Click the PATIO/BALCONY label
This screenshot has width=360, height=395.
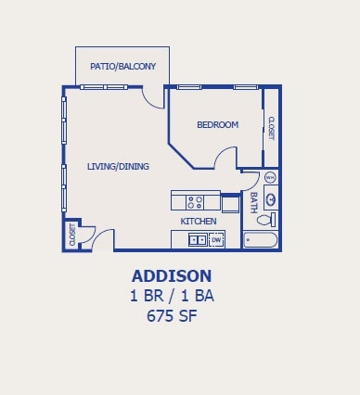(x=122, y=66)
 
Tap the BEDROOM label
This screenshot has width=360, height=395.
(x=218, y=124)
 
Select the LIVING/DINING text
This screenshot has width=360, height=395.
(x=118, y=166)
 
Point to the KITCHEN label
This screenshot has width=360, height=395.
(x=199, y=222)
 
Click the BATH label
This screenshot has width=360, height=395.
(x=253, y=203)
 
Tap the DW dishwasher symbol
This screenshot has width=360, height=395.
(x=216, y=240)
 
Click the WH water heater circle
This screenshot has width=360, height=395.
(x=270, y=177)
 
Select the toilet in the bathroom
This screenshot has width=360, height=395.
(x=266, y=220)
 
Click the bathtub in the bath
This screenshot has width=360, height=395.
(x=261, y=240)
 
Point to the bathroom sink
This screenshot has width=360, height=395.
(x=271, y=197)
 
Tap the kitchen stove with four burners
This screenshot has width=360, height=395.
(x=195, y=202)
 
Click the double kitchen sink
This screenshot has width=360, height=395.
(x=198, y=239)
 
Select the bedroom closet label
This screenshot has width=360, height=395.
(x=271, y=128)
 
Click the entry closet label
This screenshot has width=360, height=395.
(x=72, y=235)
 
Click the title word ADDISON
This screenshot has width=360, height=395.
(x=172, y=276)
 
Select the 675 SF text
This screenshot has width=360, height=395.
(x=172, y=316)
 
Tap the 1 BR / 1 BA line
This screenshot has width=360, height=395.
(x=172, y=296)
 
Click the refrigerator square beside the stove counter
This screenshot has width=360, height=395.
(x=230, y=204)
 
